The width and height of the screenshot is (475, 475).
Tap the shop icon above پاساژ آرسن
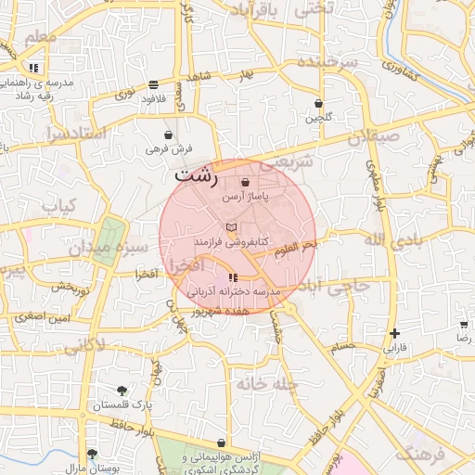tap(245, 183)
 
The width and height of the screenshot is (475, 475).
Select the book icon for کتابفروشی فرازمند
tap(232, 226)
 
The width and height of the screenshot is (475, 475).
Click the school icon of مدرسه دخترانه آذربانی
tap(232, 277)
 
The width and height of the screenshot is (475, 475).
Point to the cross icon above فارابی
tap(395, 333)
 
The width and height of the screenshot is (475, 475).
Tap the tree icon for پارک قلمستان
tap(122, 391)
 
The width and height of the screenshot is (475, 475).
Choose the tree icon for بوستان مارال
tap(91, 454)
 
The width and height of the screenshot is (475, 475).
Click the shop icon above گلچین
tap(319, 103)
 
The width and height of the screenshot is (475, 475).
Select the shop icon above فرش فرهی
tap(168, 134)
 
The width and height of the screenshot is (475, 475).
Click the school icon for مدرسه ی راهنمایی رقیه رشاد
tap(33, 68)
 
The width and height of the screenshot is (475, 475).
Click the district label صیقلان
tap(373, 139)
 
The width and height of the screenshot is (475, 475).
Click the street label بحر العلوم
tap(297, 243)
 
